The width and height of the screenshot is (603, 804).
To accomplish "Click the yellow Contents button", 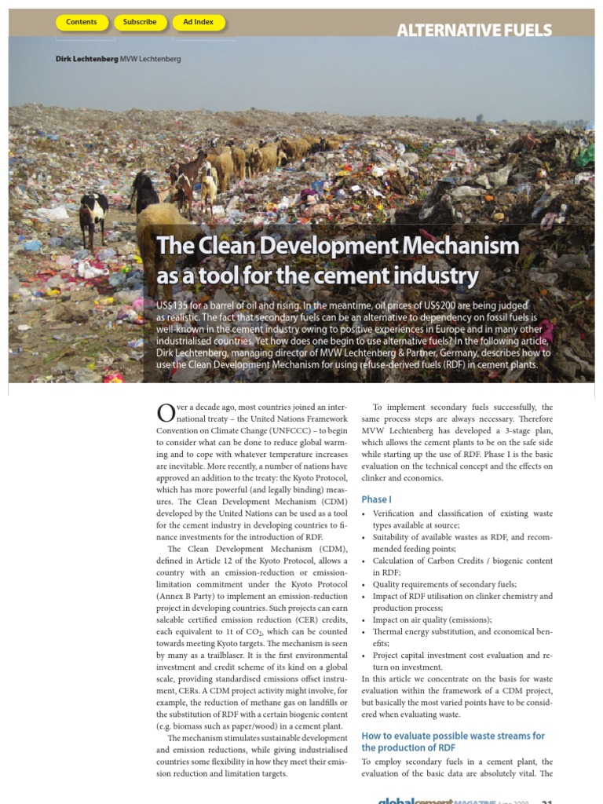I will pyautogui.click(x=82, y=23).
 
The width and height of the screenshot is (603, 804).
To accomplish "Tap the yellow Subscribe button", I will pyautogui.click(x=140, y=23).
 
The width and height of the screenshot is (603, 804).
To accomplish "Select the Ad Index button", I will pyautogui.click(x=198, y=23).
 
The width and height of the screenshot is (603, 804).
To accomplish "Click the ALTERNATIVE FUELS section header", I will pyautogui.click(x=473, y=31).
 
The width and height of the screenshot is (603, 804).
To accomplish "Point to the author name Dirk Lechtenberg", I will pyautogui.click(x=86, y=59).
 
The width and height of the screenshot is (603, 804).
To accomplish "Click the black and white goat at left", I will pyautogui.click(x=93, y=215).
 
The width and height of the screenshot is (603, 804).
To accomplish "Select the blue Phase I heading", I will pyautogui.click(x=376, y=499).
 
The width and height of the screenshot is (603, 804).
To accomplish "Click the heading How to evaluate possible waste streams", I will pyautogui.click(x=452, y=736).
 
